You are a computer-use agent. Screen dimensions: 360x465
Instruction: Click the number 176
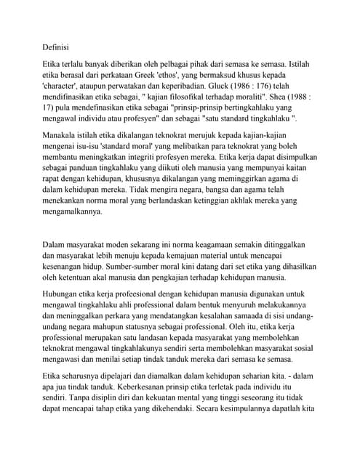tap(292, 88)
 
